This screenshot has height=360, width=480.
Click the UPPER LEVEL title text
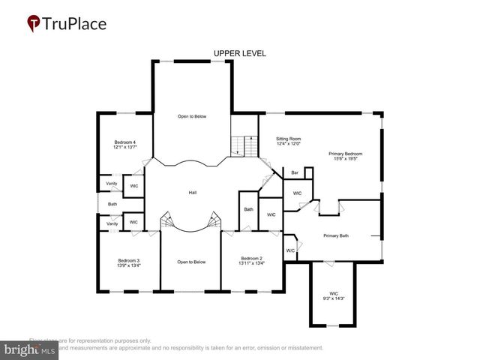239,53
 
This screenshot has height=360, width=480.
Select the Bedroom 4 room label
124,142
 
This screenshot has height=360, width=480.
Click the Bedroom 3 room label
128,260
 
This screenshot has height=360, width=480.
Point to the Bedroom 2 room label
251,257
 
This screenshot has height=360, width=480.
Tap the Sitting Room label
288,139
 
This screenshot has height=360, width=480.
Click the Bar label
295,173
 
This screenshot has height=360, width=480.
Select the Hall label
193,193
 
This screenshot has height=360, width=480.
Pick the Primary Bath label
336,236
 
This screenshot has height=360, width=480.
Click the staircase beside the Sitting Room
242,144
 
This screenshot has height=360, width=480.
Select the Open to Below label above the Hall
192,116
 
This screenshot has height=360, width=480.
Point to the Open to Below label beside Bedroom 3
191,262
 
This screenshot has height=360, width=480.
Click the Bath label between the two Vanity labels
112,204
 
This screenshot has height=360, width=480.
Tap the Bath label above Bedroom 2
248,209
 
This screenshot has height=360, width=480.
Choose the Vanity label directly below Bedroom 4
111,184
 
